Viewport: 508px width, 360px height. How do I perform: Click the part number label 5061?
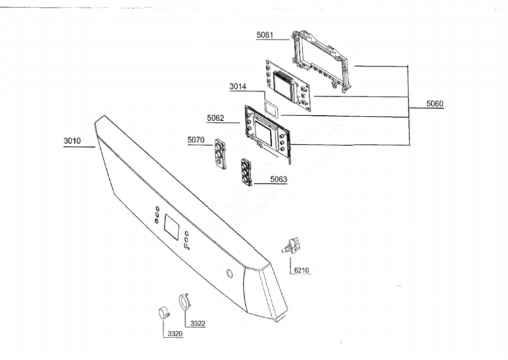click(x=265, y=35)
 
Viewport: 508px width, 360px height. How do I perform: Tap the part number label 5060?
click(x=434, y=104)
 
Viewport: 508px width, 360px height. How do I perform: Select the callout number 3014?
click(x=238, y=86)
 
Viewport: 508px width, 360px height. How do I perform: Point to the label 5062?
click(x=215, y=118)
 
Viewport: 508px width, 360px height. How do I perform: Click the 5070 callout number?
click(x=196, y=140)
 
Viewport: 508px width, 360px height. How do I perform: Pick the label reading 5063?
click(x=278, y=179)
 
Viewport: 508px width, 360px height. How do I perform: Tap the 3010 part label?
click(x=72, y=141)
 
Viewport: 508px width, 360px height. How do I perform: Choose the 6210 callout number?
click(x=301, y=270)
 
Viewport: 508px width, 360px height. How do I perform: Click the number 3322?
click(x=198, y=323)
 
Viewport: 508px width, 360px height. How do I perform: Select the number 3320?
click(x=175, y=334)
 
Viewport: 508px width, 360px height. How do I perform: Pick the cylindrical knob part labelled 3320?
click(x=164, y=313)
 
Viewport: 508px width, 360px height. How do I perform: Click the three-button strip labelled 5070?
click(x=220, y=154)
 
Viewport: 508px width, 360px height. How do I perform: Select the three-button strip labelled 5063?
click(x=247, y=172)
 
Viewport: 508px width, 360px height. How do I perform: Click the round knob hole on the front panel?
click(x=229, y=273)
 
